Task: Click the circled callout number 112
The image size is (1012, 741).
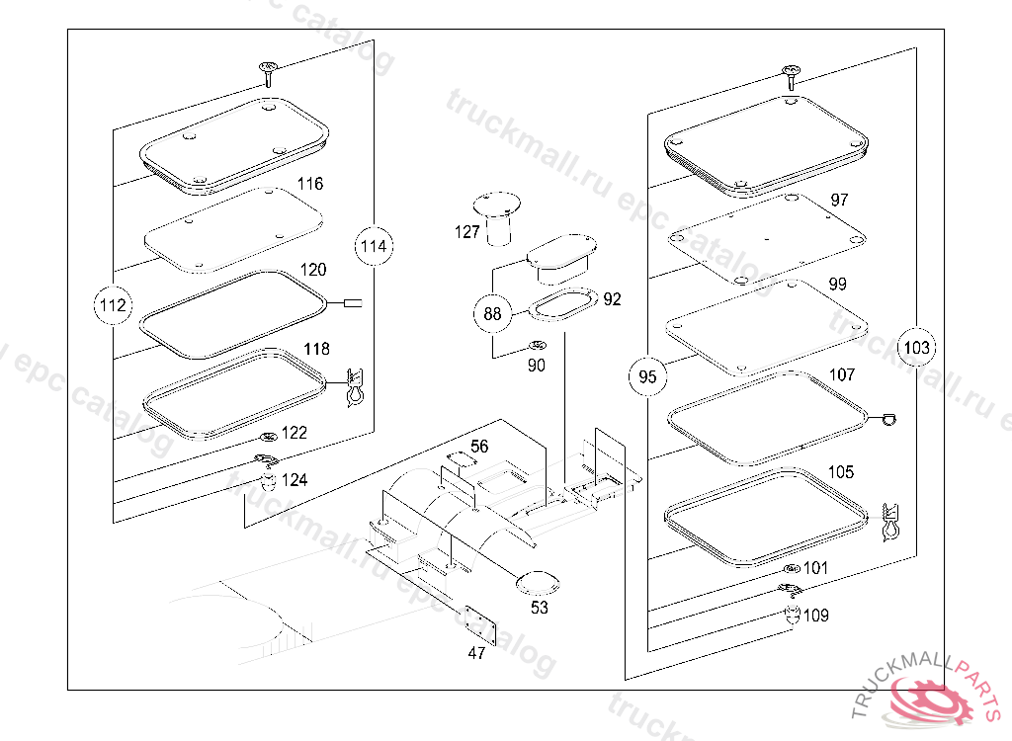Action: point(113,306)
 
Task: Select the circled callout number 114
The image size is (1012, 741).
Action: point(374,246)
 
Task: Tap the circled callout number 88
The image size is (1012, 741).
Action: point(492,315)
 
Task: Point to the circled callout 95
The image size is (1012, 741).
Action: point(647,376)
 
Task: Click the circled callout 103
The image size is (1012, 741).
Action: point(917,347)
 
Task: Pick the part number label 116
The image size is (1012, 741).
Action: point(310,184)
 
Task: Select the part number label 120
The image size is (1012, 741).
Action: point(313,270)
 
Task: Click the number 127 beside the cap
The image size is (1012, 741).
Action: point(467,231)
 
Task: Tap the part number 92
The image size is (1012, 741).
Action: point(613,299)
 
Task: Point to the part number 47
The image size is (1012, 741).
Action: point(476,653)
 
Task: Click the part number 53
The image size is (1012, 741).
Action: point(540,608)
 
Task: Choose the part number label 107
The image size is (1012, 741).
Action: point(842,375)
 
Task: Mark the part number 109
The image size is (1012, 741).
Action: point(816,616)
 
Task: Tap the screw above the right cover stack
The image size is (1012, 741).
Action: point(789,74)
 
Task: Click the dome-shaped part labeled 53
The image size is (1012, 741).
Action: point(537,582)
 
